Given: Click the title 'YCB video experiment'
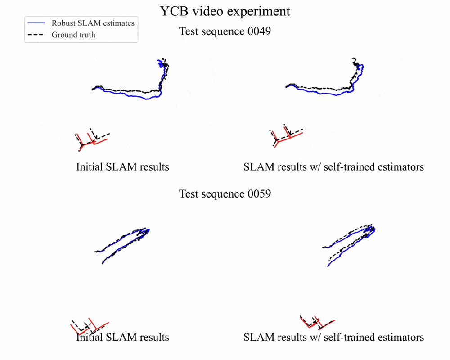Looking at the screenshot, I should pyautogui.click(x=225, y=11).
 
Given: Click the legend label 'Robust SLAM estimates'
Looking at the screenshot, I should pyautogui.click(x=93, y=23).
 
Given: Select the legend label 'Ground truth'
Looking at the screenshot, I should pyautogui.click(x=73, y=35).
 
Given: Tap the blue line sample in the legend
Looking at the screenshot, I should pyautogui.click(x=36, y=23).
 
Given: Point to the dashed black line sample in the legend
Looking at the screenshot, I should pyautogui.click(x=36, y=35).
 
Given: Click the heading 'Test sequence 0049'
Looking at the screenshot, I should pyautogui.click(x=225, y=31).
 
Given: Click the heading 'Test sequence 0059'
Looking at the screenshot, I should pyautogui.click(x=225, y=194).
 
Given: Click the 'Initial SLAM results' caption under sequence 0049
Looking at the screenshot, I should pyautogui.click(x=122, y=167).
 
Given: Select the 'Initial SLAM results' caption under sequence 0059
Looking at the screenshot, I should pyautogui.click(x=122, y=337).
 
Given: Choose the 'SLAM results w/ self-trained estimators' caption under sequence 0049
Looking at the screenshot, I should pyautogui.click(x=333, y=167).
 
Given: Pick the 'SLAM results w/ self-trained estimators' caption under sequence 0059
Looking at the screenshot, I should pyautogui.click(x=333, y=337).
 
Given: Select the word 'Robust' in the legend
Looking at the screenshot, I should pyautogui.click(x=63, y=23).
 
